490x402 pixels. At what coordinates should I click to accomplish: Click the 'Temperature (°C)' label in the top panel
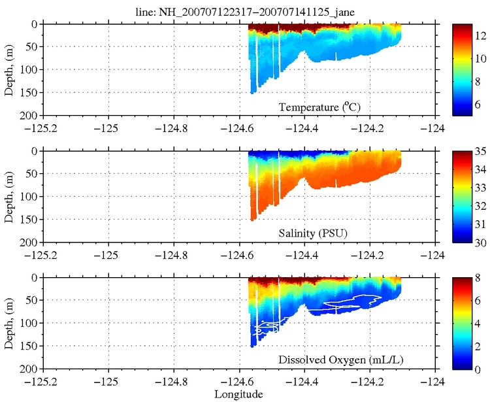pos(320,107)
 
